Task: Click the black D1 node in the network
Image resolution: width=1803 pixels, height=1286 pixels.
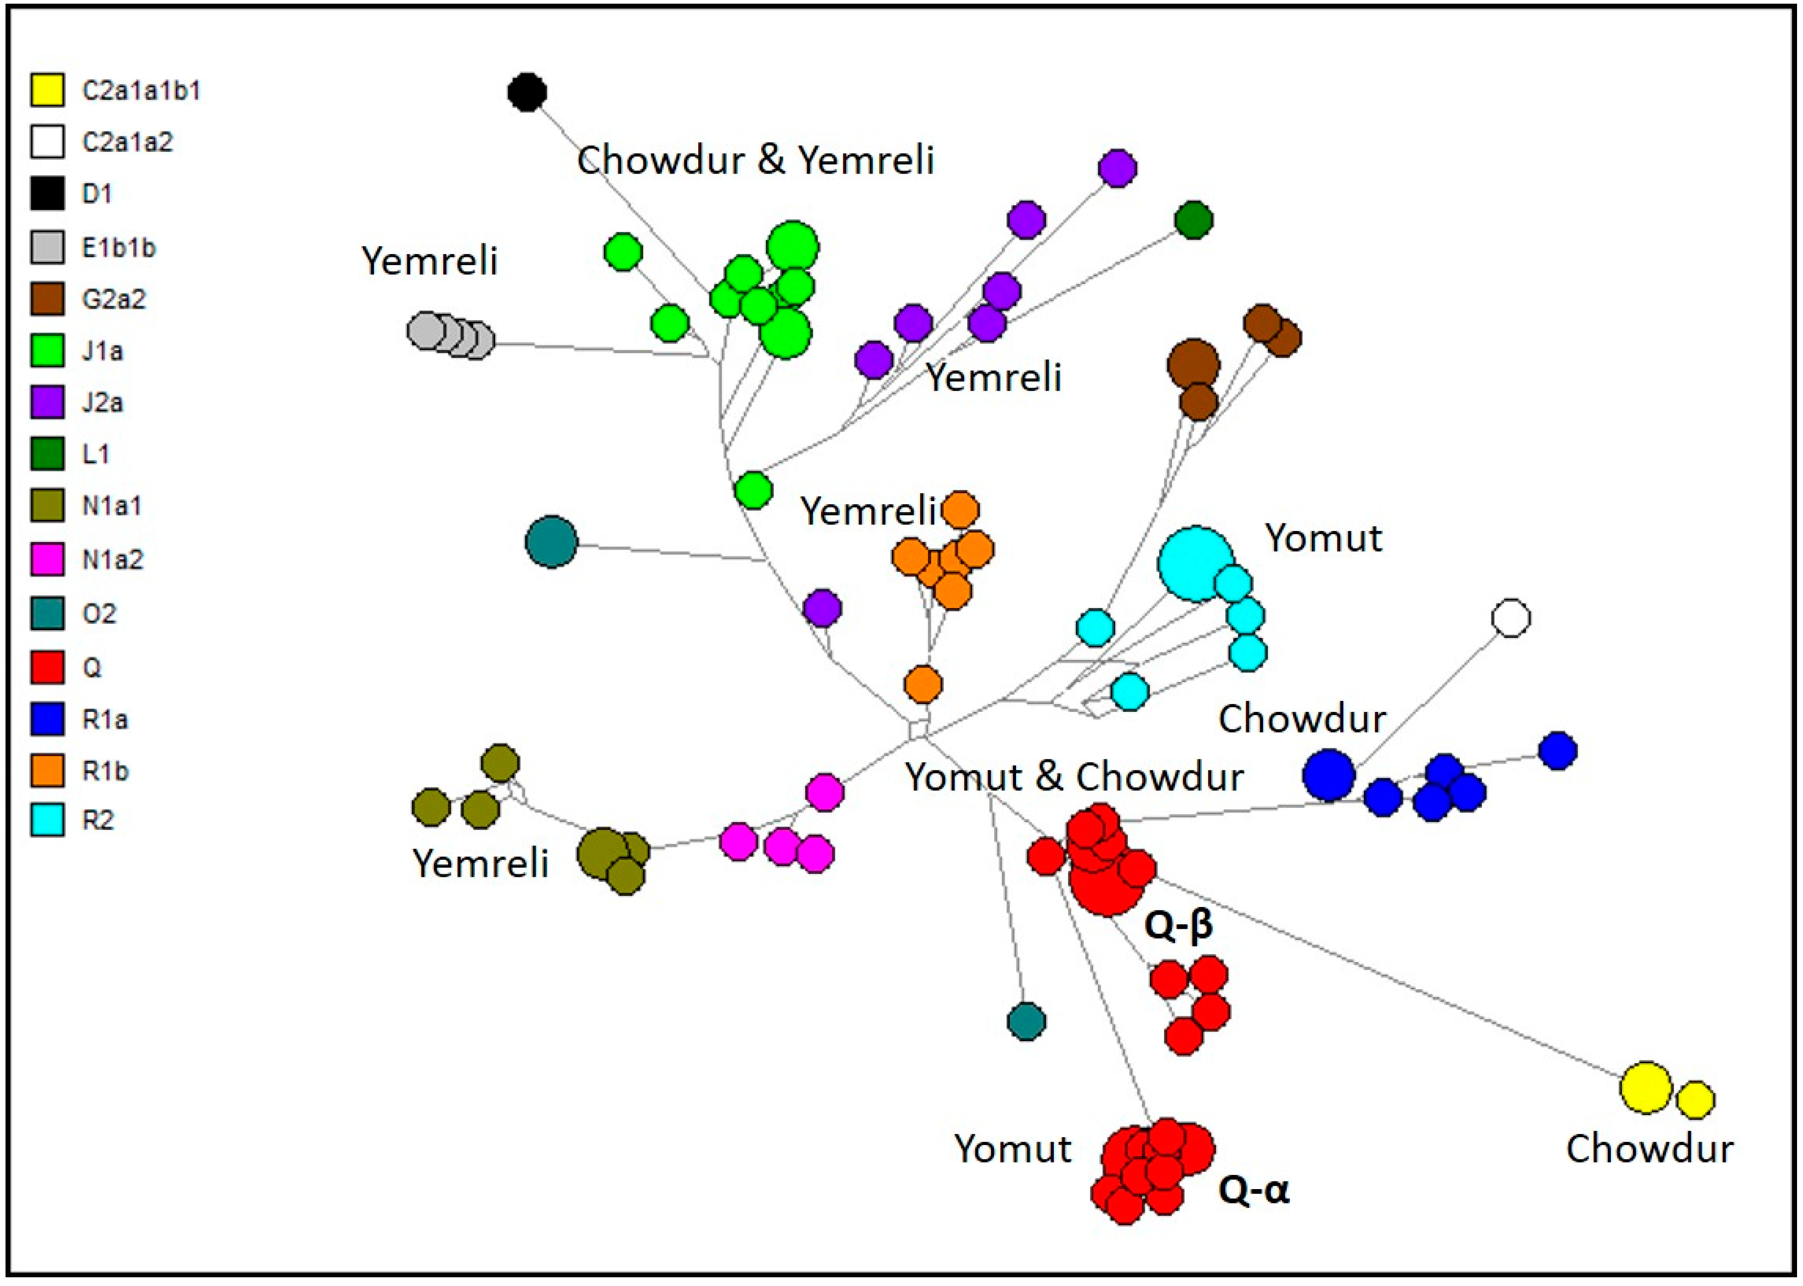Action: (526, 92)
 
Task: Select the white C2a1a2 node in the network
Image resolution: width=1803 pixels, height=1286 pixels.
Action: (1510, 618)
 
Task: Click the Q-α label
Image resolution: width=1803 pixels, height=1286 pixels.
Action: (1254, 1190)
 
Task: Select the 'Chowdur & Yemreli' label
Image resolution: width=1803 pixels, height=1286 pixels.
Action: (755, 160)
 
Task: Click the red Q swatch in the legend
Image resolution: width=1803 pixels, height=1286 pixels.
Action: (47, 667)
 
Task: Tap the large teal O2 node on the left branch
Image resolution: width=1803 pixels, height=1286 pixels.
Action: (551, 541)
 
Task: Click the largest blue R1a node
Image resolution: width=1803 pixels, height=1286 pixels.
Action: (1328, 774)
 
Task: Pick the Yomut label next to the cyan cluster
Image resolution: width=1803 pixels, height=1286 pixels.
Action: (1323, 538)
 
